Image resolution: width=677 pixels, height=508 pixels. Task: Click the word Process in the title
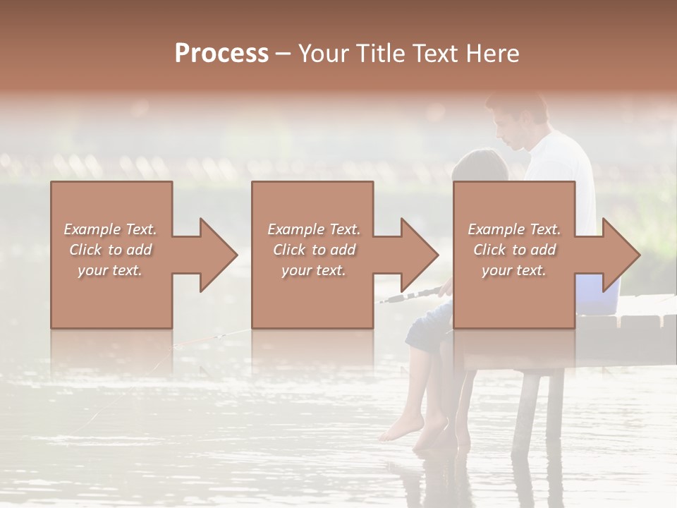click(221, 53)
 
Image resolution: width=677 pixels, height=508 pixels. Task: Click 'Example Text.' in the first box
click(110, 229)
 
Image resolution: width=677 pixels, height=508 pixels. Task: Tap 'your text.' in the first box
click(110, 270)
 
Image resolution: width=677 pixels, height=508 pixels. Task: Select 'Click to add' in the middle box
click(314, 249)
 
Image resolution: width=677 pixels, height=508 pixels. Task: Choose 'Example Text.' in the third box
click(514, 229)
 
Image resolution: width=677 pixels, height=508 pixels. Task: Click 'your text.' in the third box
click(514, 270)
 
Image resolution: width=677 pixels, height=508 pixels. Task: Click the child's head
click(480, 168)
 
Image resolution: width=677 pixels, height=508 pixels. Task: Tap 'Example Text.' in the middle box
click(314, 229)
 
